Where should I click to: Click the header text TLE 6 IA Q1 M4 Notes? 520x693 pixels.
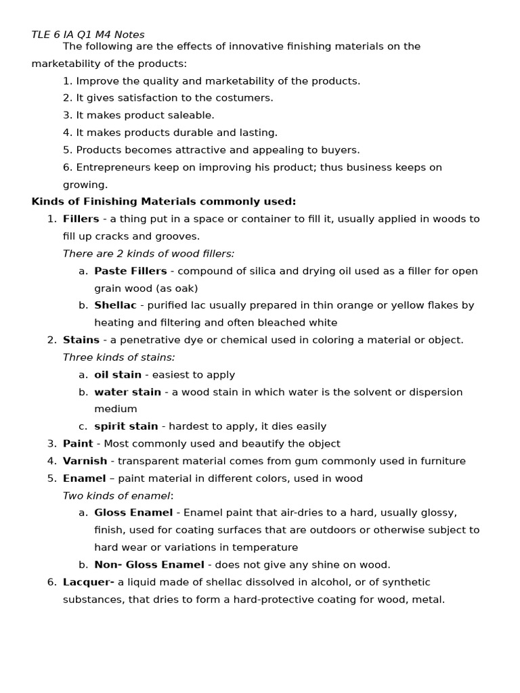point(87,35)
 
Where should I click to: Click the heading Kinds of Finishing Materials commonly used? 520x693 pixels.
point(164,202)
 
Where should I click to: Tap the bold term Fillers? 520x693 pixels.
point(81,219)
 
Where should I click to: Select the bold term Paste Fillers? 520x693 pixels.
point(130,271)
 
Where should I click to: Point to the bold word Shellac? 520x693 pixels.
point(115,305)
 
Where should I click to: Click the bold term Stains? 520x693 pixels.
point(81,340)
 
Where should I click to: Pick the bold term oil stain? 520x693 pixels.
point(118,375)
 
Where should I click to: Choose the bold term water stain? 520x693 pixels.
point(127,392)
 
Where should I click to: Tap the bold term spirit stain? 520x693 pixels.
point(126,426)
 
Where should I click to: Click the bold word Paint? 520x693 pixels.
point(78,444)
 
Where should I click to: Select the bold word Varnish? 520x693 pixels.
point(85,461)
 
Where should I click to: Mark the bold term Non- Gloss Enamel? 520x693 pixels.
point(149,564)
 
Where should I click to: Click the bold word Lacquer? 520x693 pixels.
point(87,582)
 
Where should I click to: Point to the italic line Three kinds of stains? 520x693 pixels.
point(118,357)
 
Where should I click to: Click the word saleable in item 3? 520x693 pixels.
point(192,115)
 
